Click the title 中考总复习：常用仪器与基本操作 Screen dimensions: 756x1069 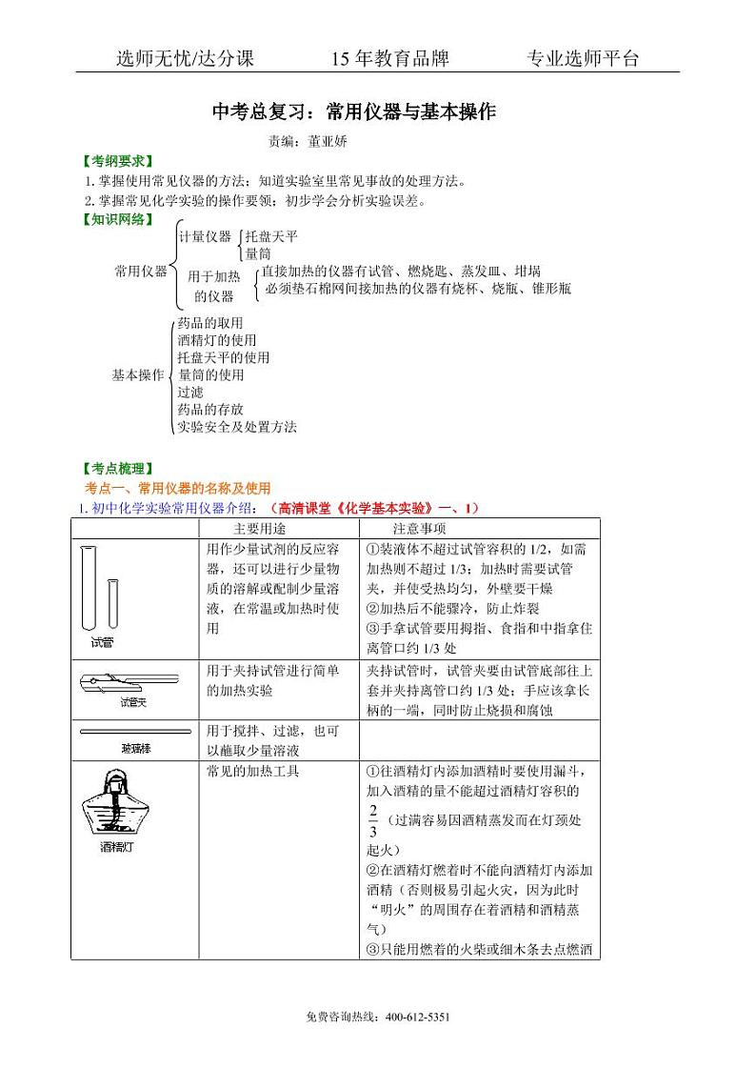[x=353, y=112]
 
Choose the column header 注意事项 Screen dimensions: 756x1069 [x=420, y=528]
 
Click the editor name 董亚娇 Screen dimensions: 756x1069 [x=328, y=141]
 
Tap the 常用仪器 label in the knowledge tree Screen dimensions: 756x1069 [x=140, y=271]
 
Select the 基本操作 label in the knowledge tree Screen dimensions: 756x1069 [x=138, y=374]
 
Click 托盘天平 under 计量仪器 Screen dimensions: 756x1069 [x=271, y=235]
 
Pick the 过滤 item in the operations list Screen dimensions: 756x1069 [x=190, y=392]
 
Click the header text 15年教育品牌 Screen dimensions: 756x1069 [x=389, y=59]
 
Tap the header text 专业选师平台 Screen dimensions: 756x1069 [x=583, y=59]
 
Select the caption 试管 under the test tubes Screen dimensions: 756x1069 [x=103, y=642]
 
